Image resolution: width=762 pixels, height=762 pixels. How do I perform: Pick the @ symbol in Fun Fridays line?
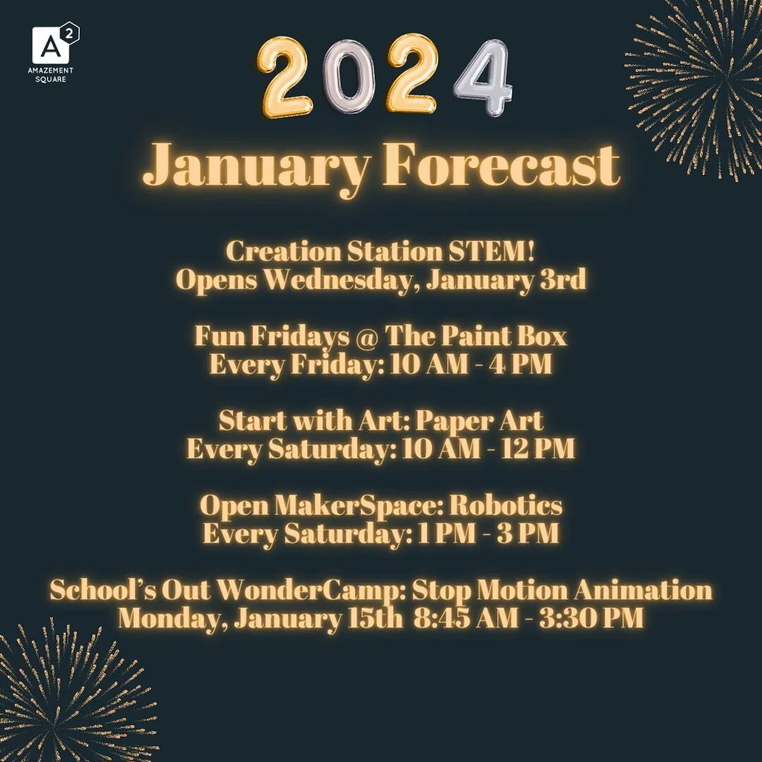367,337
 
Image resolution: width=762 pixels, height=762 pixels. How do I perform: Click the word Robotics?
506,505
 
